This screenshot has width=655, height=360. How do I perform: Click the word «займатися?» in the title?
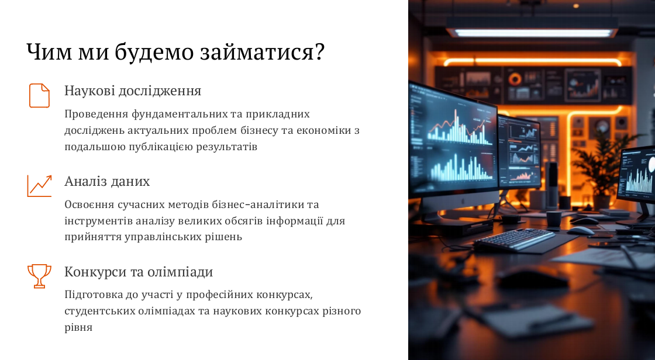(x=262, y=52)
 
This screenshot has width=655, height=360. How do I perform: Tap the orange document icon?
(x=39, y=96)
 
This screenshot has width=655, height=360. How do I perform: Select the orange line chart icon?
(x=39, y=186)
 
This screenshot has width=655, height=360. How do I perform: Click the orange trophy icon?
(x=39, y=276)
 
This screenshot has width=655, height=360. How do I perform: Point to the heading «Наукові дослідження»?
(x=133, y=91)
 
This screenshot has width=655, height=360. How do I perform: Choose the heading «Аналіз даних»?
(x=107, y=181)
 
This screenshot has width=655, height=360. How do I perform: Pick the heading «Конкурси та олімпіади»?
(x=139, y=272)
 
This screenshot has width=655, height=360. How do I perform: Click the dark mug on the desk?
(x=554, y=219)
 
